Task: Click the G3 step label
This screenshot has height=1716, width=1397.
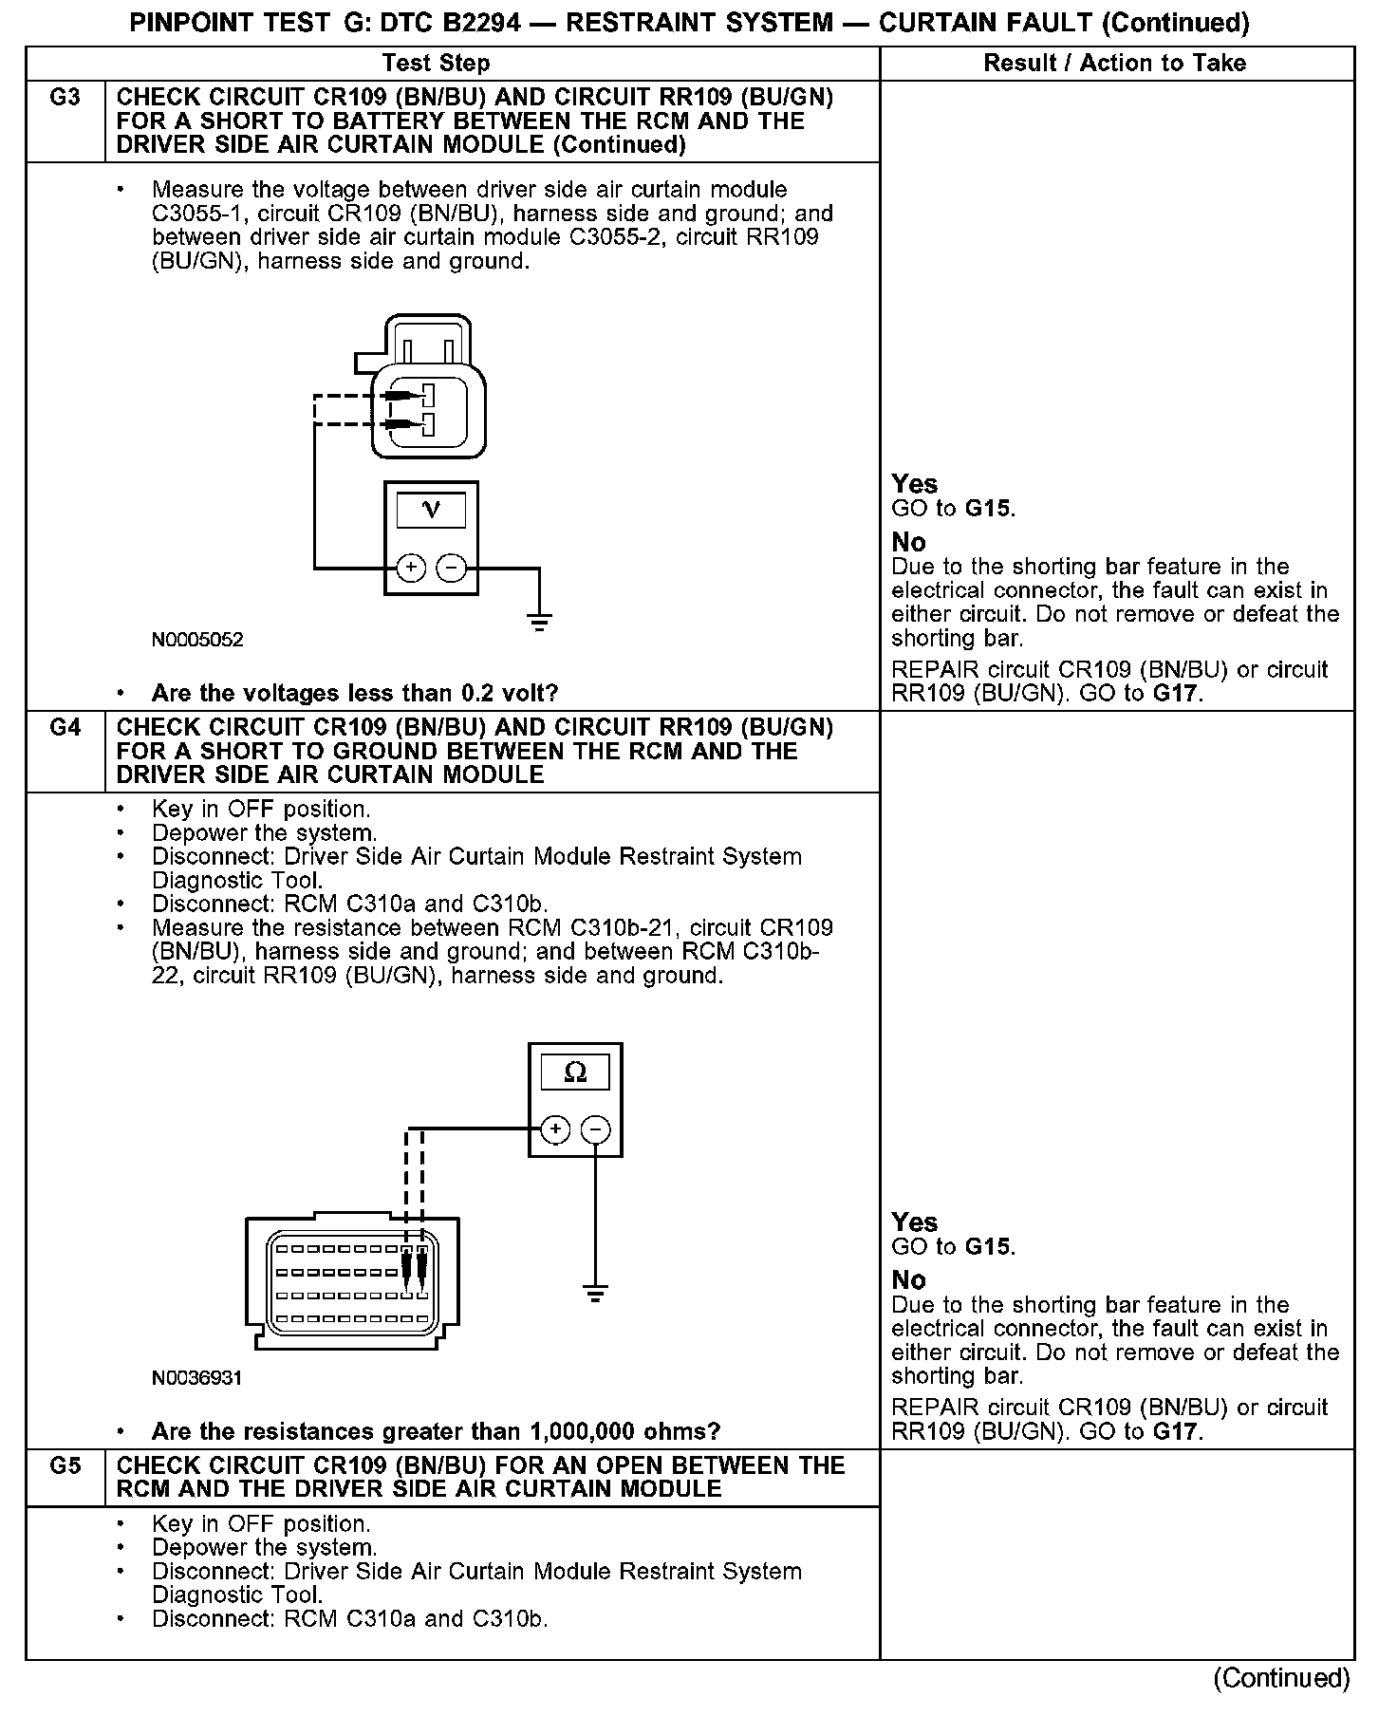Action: [x=65, y=98]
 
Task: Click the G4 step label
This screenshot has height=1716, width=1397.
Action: [x=65, y=728]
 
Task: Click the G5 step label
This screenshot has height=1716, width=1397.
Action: [x=65, y=1466]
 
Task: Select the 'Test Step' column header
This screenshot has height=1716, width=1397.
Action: [x=436, y=64]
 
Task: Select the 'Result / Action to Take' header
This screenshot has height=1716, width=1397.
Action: [x=1114, y=64]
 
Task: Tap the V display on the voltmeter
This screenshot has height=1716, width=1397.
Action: [x=431, y=511]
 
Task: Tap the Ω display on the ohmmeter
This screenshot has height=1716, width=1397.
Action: [x=575, y=1072]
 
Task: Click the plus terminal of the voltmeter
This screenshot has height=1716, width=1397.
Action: [x=410, y=568]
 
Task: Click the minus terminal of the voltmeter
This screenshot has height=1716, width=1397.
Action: [x=451, y=568]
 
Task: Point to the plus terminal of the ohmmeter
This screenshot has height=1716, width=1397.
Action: [x=555, y=1129]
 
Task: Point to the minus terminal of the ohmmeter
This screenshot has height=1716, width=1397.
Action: [x=595, y=1129]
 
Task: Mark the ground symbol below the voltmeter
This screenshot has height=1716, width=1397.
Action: [x=539, y=623]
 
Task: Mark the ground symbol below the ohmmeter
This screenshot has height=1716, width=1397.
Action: [x=595, y=1293]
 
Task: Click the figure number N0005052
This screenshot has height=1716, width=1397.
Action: [x=197, y=641]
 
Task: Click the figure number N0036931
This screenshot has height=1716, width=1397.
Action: [x=197, y=1377]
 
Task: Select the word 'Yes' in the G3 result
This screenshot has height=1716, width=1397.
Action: [x=914, y=484]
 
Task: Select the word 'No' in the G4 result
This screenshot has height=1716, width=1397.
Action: [x=908, y=1280]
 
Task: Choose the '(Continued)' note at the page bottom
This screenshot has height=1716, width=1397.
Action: [x=1281, y=1678]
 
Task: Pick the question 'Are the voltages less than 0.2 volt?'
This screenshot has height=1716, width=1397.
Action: [x=355, y=694]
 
